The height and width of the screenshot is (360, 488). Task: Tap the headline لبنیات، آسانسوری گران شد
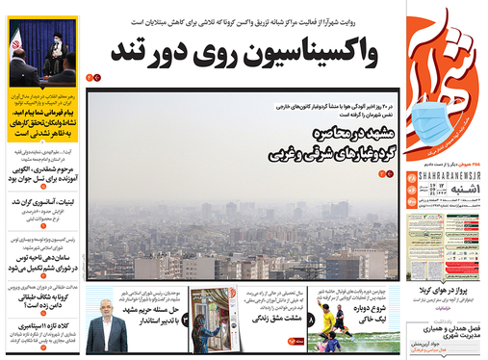(x=45, y=204)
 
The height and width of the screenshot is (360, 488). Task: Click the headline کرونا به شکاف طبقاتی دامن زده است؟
(x=45, y=296)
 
